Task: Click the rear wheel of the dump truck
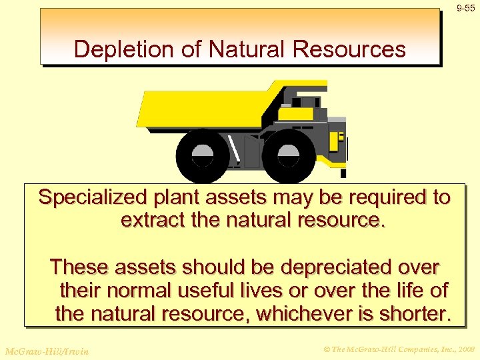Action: pos(202,155)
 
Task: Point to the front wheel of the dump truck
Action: pos(288,155)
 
